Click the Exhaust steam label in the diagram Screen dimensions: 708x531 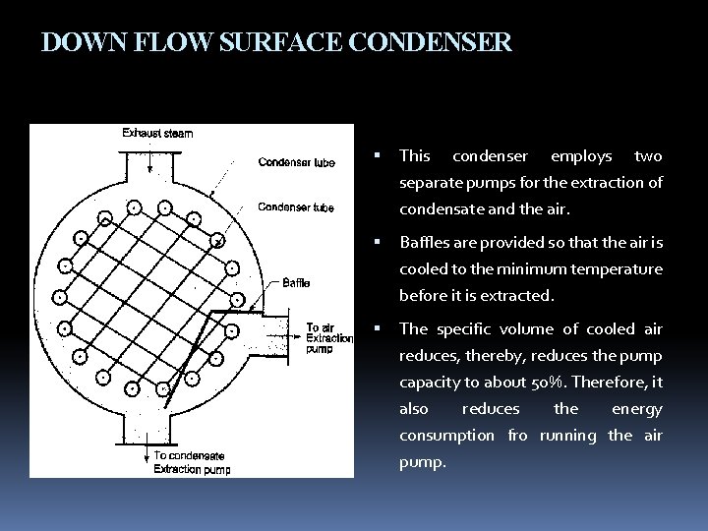pos(157,133)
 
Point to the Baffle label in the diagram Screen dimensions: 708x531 pos(296,283)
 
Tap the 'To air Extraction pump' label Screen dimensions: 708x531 pos(329,338)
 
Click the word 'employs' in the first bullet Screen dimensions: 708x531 pos(581,156)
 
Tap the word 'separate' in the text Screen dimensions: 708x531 pos(429,183)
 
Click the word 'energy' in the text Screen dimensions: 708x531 pos(639,409)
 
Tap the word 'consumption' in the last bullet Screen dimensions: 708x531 pos(447,435)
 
